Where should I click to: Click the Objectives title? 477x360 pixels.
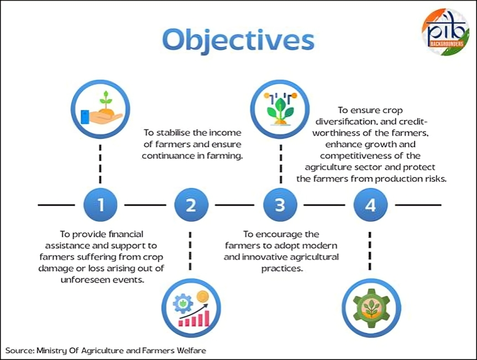point(238,39)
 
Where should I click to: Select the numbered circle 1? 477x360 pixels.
point(101,205)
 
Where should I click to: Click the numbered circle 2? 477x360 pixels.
point(191,205)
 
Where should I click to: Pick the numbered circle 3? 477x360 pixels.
point(280,205)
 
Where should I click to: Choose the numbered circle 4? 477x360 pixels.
point(370,205)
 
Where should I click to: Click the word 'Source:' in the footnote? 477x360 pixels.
point(19,350)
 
